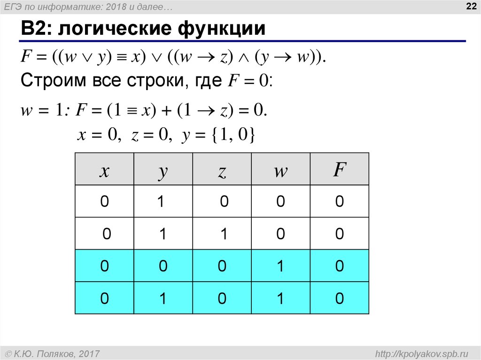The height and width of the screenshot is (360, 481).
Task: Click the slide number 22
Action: tap(471, 6)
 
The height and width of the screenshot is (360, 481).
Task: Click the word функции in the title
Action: tap(222, 29)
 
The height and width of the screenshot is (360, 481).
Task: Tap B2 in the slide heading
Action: tap(35, 29)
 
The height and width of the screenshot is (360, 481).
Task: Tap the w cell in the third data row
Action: tap(281, 266)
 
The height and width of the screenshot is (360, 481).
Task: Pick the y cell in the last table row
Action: tap(163, 298)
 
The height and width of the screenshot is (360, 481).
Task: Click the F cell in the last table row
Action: tap(340, 298)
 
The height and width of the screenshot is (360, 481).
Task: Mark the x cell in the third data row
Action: tap(104, 266)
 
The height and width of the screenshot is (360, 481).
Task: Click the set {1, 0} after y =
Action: tap(233, 135)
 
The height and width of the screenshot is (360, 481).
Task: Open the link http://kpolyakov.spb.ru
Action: tap(421, 354)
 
